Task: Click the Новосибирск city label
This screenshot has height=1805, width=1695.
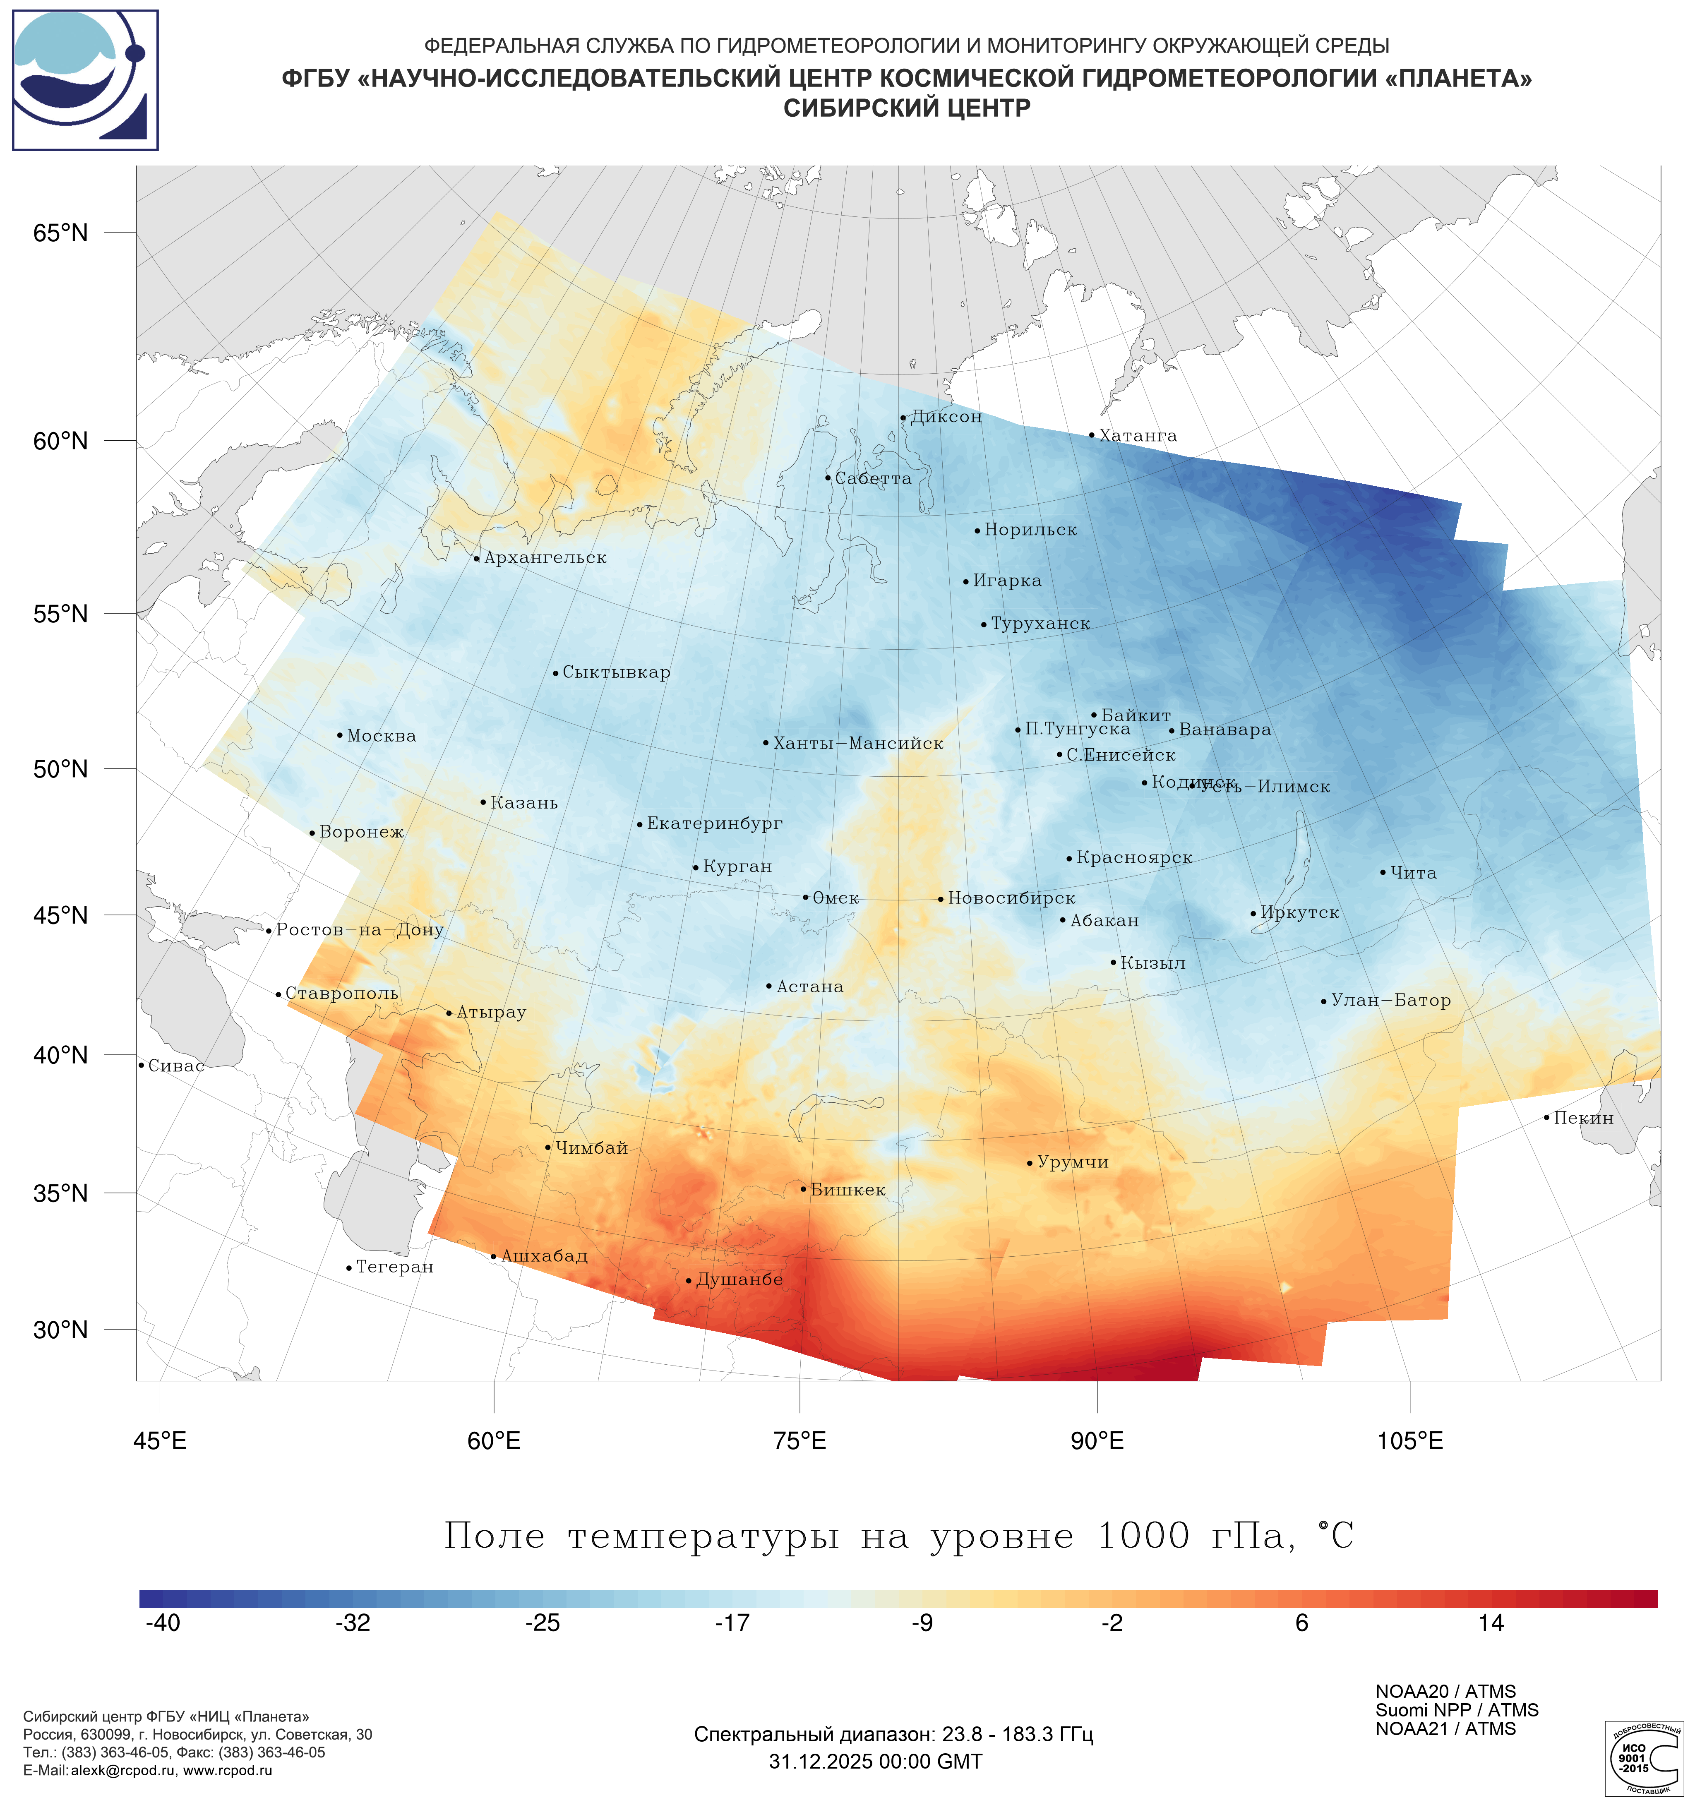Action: (1011, 898)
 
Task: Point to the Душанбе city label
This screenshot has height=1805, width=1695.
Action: (739, 1279)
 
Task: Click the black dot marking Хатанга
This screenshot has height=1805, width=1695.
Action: (1091, 435)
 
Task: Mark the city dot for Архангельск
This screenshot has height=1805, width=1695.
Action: (477, 558)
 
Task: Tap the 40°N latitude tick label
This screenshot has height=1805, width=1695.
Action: (61, 1055)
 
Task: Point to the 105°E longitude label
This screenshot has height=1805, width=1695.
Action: (1410, 1441)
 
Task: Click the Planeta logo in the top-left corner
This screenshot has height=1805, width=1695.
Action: (85, 80)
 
